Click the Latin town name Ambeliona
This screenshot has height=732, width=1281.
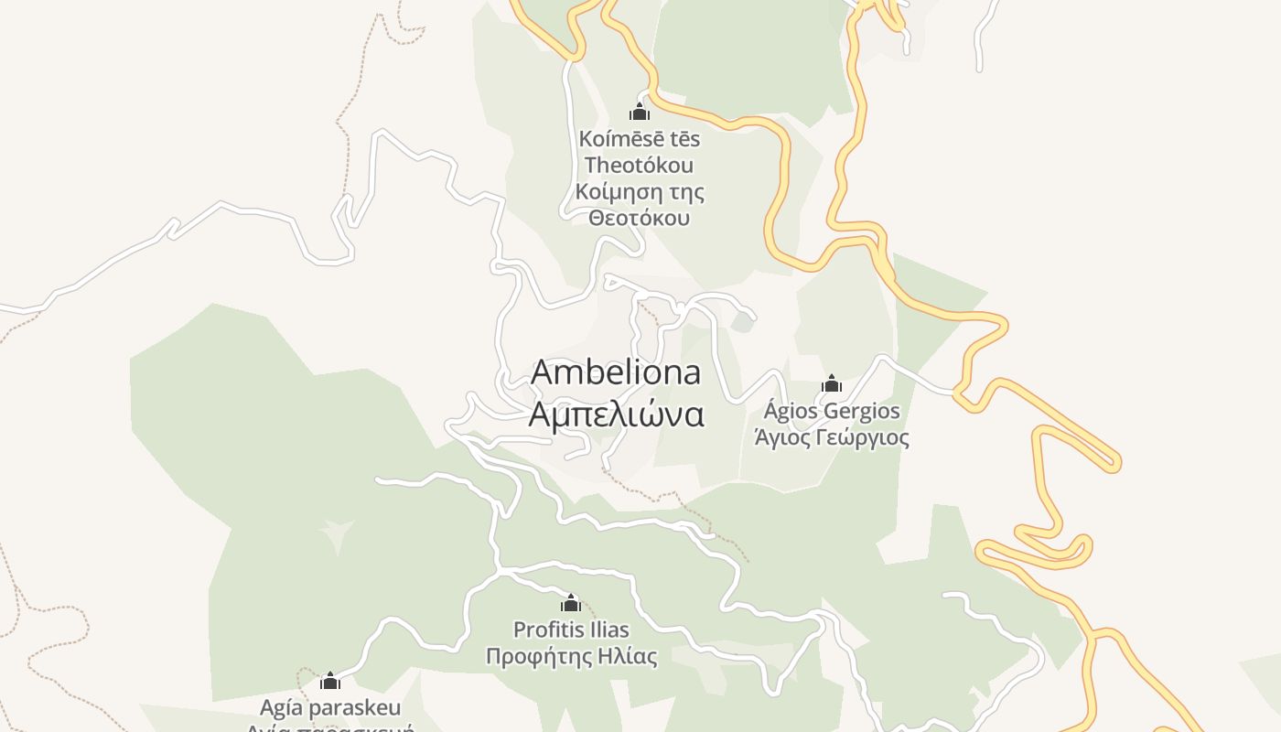(616, 372)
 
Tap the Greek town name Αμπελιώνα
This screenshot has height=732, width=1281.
(616, 414)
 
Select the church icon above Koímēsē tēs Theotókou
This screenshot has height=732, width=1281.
(640, 113)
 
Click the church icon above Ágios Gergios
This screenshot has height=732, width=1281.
(832, 383)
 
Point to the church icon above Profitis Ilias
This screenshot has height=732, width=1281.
(571, 603)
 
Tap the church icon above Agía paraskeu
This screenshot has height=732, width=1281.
(330, 681)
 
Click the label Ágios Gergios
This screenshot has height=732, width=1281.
(832, 412)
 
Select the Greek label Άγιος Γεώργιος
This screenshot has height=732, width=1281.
(832, 437)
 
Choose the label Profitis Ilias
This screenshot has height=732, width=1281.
(571, 630)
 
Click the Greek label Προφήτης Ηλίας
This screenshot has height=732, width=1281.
(571, 656)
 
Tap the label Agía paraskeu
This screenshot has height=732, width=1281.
(330, 707)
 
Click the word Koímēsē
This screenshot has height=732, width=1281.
(610, 139)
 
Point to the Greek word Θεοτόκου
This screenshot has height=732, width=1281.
(640, 219)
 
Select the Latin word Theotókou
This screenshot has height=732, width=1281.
(640, 166)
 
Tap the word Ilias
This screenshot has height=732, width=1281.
(609, 630)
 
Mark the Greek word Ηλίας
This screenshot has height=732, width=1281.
(630, 656)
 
